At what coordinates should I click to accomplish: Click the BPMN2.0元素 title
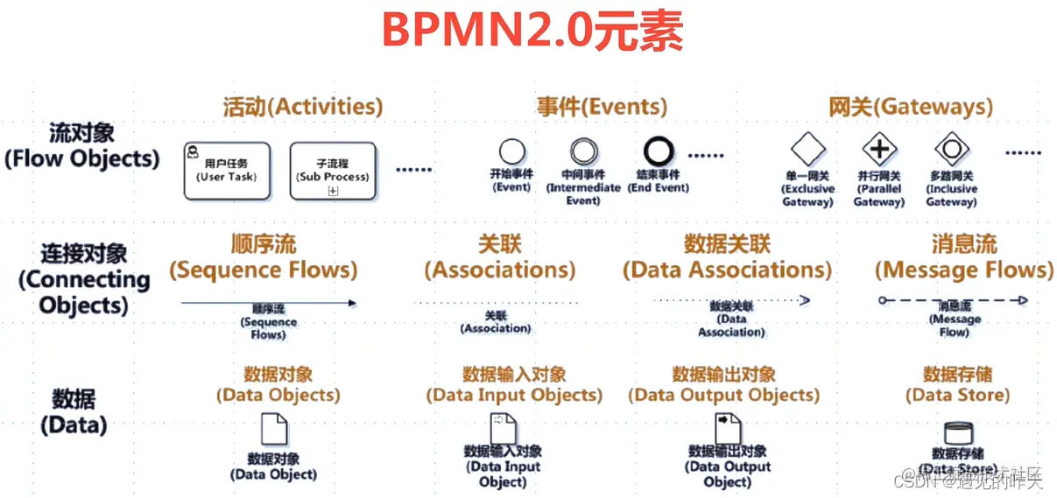532,31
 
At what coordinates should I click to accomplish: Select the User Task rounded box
225,171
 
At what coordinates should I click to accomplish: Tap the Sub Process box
332,171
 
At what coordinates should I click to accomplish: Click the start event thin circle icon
511,151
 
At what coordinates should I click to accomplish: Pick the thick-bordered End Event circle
659,151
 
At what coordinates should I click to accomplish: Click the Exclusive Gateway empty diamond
807,149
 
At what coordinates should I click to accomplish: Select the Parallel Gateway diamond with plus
879,150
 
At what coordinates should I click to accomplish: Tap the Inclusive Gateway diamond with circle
951,150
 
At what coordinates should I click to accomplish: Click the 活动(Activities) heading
303,107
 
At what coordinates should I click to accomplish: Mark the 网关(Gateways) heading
911,107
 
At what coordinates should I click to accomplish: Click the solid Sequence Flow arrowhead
352,303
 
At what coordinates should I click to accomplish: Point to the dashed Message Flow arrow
953,300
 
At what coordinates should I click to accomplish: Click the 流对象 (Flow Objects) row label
82,146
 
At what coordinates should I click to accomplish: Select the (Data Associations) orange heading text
727,270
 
